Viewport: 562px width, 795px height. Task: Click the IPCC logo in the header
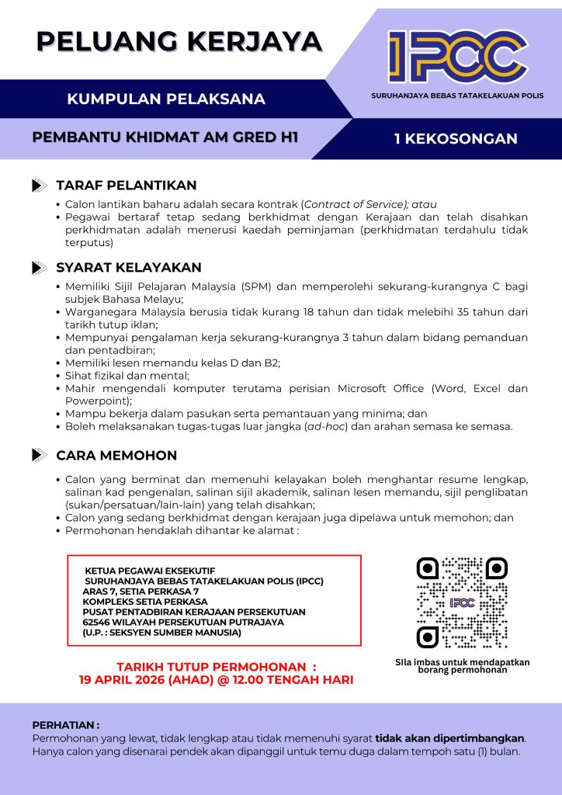(457, 57)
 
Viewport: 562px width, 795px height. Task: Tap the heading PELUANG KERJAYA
(179, 41)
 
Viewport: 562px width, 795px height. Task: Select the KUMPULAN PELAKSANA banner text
(166, 99)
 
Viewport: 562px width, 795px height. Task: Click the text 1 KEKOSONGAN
(456, 139)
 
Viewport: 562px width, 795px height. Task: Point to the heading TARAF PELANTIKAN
(127, 186)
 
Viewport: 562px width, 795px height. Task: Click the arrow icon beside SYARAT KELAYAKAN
(38, 268)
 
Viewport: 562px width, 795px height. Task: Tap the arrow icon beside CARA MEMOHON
(38, 456)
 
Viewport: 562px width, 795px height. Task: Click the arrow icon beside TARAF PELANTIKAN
(38, 186)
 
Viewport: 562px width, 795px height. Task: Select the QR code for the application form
(462, 602)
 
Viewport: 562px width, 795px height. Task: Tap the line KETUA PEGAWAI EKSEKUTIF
(150, 570)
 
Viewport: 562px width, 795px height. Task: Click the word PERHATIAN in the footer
(65, 724)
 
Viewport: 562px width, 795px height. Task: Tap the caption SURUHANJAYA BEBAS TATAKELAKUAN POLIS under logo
(457, 96)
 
